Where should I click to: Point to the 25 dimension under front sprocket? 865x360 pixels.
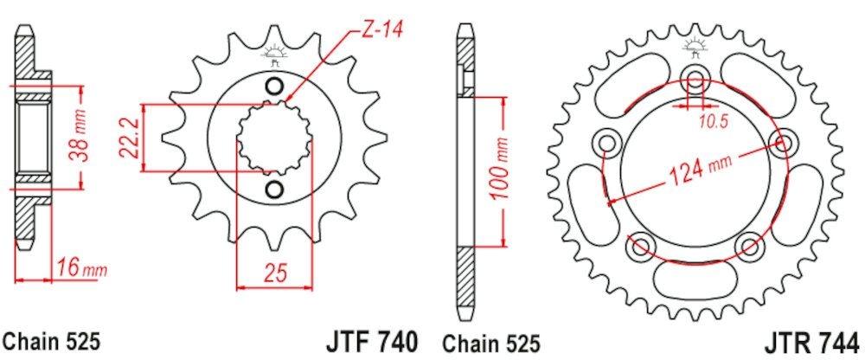point(274,274)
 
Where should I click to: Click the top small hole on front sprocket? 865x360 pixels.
point(273,86)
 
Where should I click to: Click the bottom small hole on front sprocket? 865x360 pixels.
point(273,189)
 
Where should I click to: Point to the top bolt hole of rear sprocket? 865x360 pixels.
point(695,79)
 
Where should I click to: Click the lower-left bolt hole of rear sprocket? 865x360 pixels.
point(640,246)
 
